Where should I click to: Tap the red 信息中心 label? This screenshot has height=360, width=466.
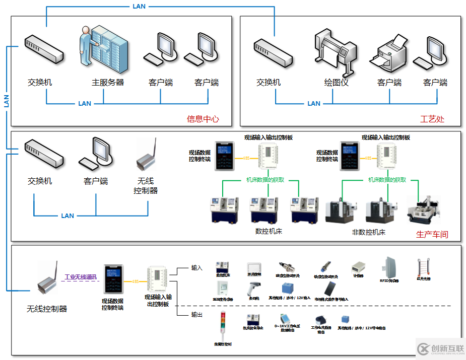[x=203, y=119]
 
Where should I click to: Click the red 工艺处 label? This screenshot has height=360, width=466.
[x=433, y=119]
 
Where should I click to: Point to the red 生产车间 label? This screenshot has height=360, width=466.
[x=432, y=234]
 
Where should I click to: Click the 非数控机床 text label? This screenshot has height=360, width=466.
[x=368, y=232]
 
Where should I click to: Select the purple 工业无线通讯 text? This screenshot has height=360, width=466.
[x=81, y=277]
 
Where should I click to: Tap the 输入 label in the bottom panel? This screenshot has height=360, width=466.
[x=197, y=268]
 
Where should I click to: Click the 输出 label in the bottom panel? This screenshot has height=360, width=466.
[x=197, y=315]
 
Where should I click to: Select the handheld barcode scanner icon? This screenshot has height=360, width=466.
[x=253, y=289]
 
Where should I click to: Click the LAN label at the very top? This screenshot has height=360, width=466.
[x=140, y=7]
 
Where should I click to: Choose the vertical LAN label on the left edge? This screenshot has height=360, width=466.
[x=7, y=101]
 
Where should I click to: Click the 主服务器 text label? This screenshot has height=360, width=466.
[x=107, y=82]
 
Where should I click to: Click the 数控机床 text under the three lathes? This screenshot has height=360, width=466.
[x=269, y=231]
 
